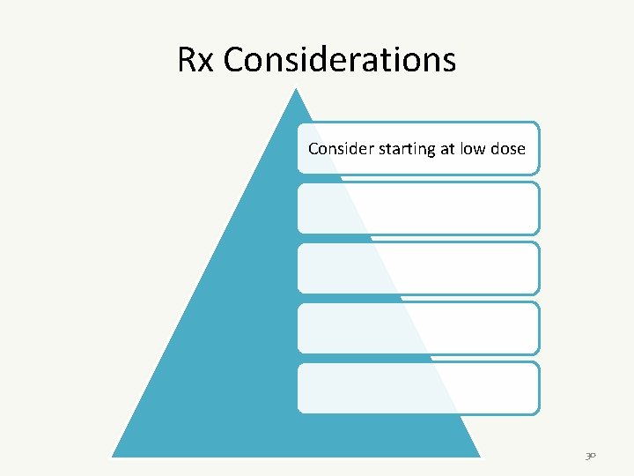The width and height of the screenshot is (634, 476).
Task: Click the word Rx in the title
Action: (196, 60)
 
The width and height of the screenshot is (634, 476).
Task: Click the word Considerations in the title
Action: (339, 60)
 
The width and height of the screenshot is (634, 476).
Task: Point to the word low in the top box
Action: (473, 148)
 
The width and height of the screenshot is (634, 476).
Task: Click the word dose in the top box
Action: (508, 148)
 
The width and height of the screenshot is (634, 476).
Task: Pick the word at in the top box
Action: (447, 148)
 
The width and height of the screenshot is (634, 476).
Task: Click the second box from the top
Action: (417, 208)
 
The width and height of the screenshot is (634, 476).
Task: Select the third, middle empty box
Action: (417, 268)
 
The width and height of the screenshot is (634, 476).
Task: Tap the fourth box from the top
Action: (417, 328)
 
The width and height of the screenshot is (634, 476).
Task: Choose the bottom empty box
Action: (417, 388)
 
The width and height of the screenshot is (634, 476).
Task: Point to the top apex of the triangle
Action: (297, 88)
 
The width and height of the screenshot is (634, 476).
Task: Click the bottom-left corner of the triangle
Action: (113, 456)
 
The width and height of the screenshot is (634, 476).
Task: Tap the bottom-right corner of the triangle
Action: (480, 456)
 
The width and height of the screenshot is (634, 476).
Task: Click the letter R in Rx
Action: (188, 60)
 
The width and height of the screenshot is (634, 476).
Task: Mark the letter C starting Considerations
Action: (233, 60)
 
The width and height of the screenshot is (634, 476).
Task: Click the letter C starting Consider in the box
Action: (313, 148)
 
